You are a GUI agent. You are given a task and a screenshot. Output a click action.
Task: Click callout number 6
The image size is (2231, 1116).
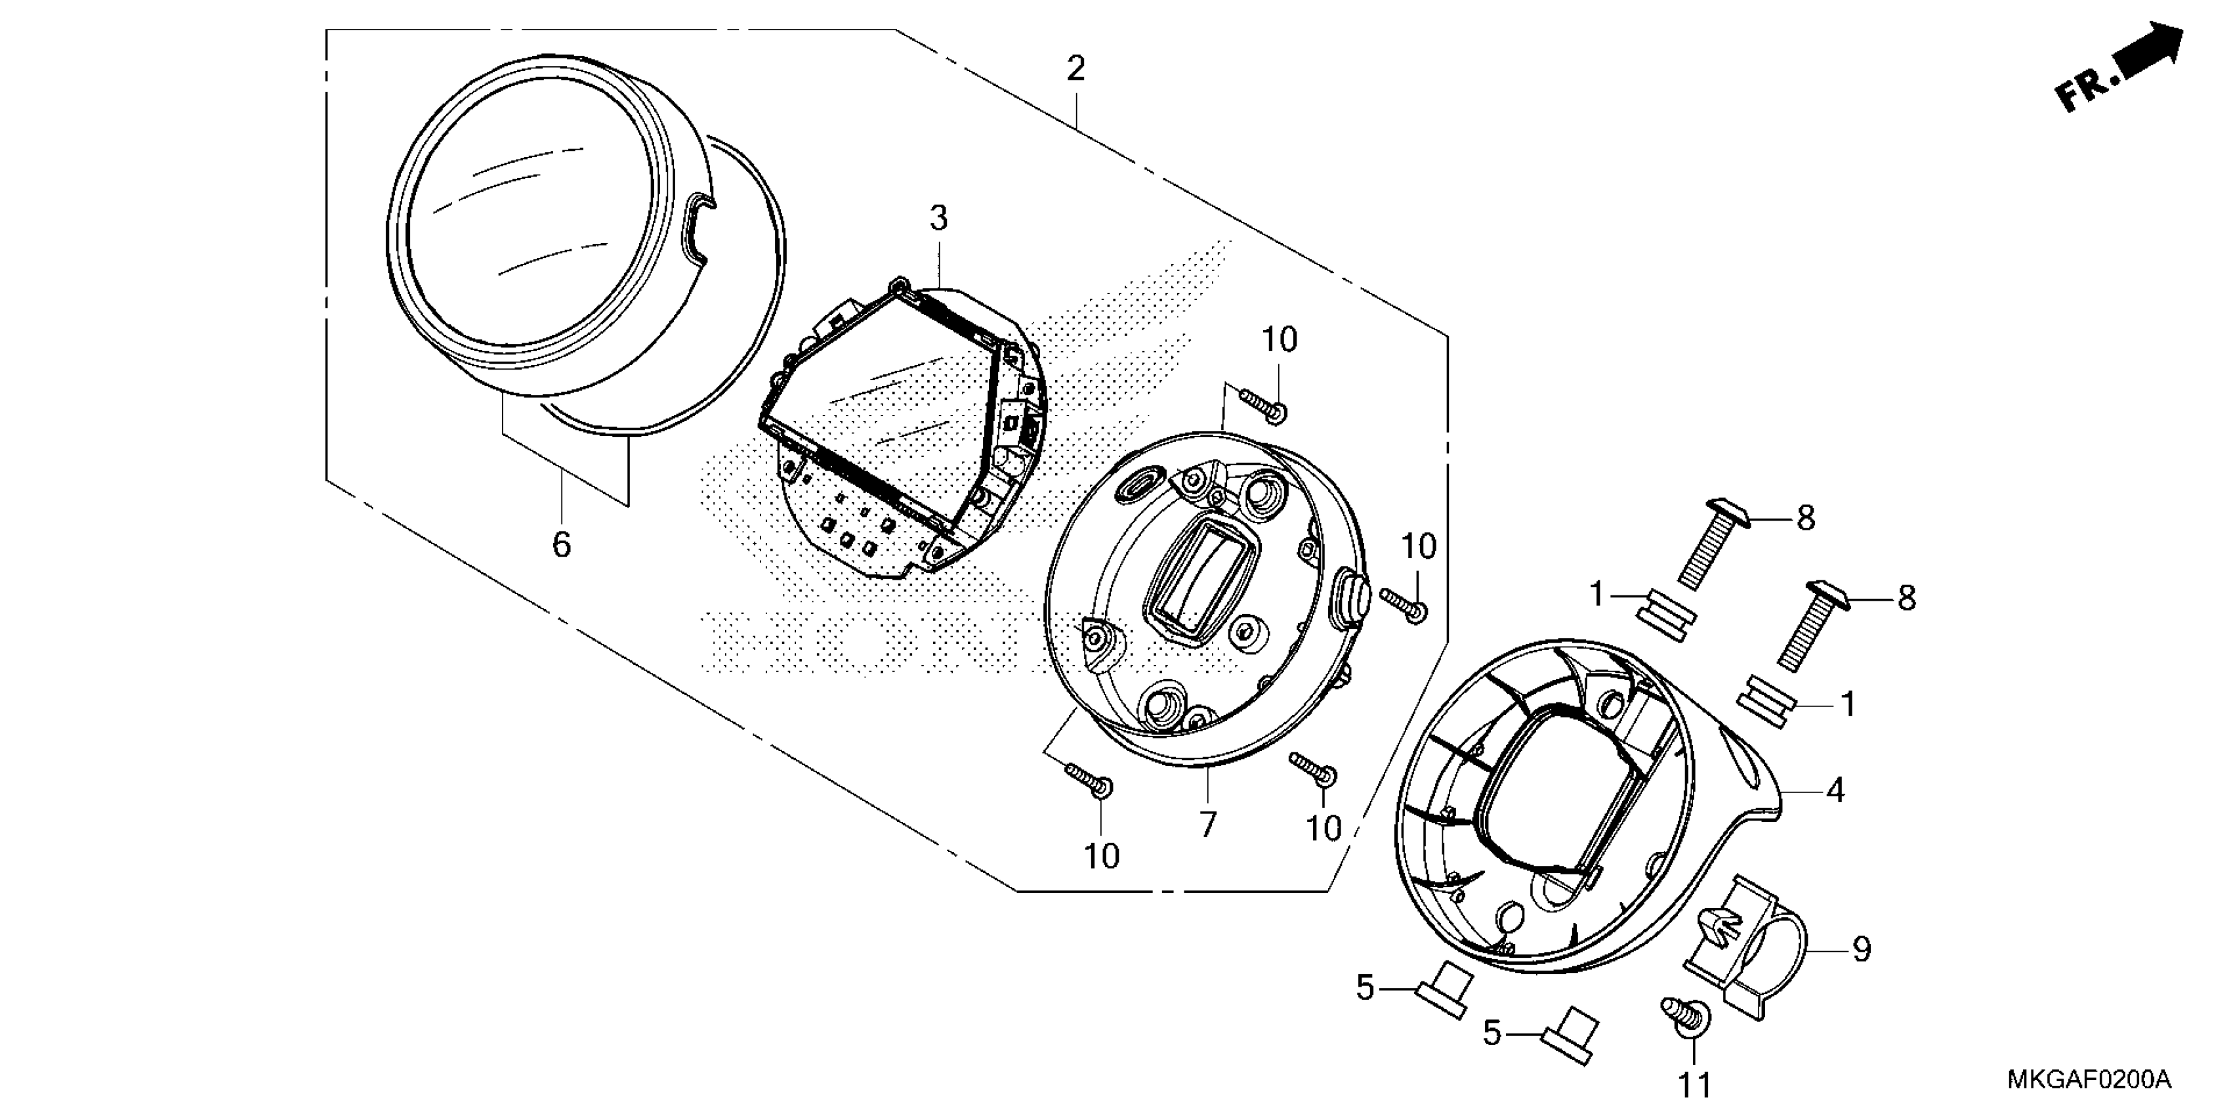[561, 545]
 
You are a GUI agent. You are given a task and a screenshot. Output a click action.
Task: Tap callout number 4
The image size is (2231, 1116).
[1835, 790]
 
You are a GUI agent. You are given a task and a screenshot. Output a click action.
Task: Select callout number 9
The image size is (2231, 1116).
[1861, 950]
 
